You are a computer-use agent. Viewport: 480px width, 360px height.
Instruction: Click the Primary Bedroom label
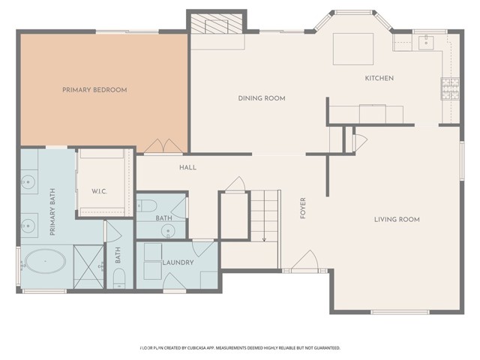[x=94, y=90]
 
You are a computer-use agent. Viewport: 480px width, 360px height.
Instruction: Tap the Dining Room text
[x=262, y=98]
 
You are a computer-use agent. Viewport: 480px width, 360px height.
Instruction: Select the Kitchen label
[x=379, y=78]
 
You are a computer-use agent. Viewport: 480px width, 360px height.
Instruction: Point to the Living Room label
[x=397, y=220]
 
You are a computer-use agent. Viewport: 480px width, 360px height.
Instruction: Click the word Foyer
[x=303, y=208]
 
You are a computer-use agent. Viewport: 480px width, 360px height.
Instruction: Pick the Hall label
[x=188, y=167]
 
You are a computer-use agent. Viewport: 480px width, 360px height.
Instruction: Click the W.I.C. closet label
[x=99, y=192]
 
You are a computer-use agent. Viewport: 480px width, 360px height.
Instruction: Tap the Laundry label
[x=178, y=262]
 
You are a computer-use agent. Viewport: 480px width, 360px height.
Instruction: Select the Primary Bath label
[x=52, y=211]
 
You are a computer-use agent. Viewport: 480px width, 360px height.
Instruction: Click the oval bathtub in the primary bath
[x=45, y=261]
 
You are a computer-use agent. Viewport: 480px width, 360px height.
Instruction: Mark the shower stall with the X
[x=88, y=267]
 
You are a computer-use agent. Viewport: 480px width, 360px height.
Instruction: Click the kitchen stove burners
[x=450, y=88]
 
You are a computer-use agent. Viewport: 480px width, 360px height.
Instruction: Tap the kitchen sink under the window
[x=426, y=43]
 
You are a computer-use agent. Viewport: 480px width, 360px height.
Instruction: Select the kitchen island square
[x=353, y=49]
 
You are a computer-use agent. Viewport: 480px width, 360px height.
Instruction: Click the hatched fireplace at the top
[x=217, y=23]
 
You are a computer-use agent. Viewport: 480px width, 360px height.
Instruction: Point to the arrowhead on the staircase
[x=265, y=239]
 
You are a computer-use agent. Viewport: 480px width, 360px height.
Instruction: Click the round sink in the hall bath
[x=168, y=230]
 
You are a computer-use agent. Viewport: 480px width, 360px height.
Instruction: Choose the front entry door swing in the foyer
[x=305, y=260]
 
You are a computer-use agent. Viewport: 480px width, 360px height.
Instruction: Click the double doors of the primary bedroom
[x=163, y=146]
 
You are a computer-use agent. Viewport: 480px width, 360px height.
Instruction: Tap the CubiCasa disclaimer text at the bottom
[x=240, y=348]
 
